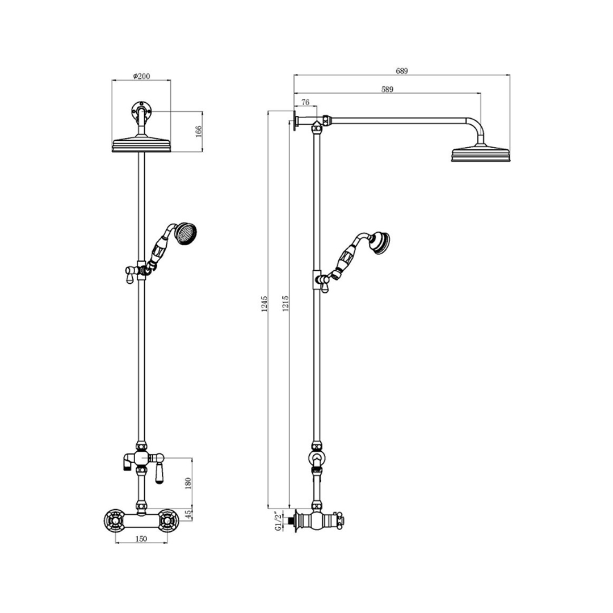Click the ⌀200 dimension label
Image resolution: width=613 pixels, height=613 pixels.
(x=141, y=76)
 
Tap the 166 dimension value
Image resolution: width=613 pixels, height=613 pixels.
(x=198, y=131)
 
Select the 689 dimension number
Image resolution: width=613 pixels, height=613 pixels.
(x=402, y=71)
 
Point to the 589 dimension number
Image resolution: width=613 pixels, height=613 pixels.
(x=387, y=90)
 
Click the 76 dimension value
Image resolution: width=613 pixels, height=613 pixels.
(x=305, y=102)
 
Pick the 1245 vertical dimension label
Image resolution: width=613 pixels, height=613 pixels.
(x=264, y=304)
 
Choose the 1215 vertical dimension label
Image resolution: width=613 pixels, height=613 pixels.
(x=285, y=304)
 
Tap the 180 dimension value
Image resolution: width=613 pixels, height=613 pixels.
(x=188, y=483)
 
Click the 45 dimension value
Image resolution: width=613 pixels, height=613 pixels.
(x=188, y=514)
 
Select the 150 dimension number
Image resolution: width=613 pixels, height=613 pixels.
(x=141, y=539)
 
